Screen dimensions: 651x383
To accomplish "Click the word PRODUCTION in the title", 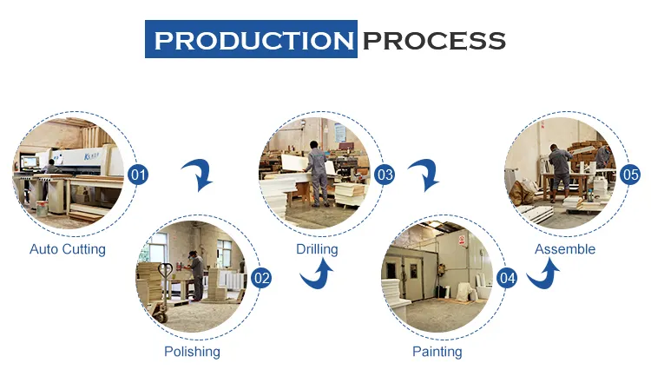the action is pyautogui.click(x=253, y=41).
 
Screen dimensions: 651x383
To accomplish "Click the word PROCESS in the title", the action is pyautogui.click(x=434, y=41).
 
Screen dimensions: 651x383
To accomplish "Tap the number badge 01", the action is pyautogui.click(x=138, y=175).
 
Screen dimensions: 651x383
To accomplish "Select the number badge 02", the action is pyautogui.click(x=261, y=278).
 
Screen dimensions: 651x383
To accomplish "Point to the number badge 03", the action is pyautogui.click(x=385, y=175).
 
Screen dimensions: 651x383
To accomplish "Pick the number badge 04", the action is pyautogui.click(x=508, y=278).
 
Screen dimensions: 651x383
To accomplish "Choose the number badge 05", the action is pyautogui.click(x=630, y=175).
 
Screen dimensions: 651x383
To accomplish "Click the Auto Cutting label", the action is pyautogui.click(x=68, y=249).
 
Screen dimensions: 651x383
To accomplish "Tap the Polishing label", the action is pyautogui.click(x=192, y=352).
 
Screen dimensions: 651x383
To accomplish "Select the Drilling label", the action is pyautogui.click(x=317, y=249).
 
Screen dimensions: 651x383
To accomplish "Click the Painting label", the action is pyautogui.click(x=437, y=352).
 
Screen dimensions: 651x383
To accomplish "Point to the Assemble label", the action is pyautogui.click(x=565, y=249).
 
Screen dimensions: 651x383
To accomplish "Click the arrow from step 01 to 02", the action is pyautogui.click(x=198, y=175).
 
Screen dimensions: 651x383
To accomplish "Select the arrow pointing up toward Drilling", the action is pyautogui.click(x=317, y=273).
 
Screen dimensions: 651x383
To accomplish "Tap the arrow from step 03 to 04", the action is pyautogui.click(x=424, y=175).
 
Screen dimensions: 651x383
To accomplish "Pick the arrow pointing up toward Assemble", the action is pyautogui.click(x=543, y=273).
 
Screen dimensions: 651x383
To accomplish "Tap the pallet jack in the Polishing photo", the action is pyautogui.click(x=161, y=294).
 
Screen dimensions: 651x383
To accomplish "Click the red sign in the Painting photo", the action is pyautogui.click(x=462, y=240).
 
